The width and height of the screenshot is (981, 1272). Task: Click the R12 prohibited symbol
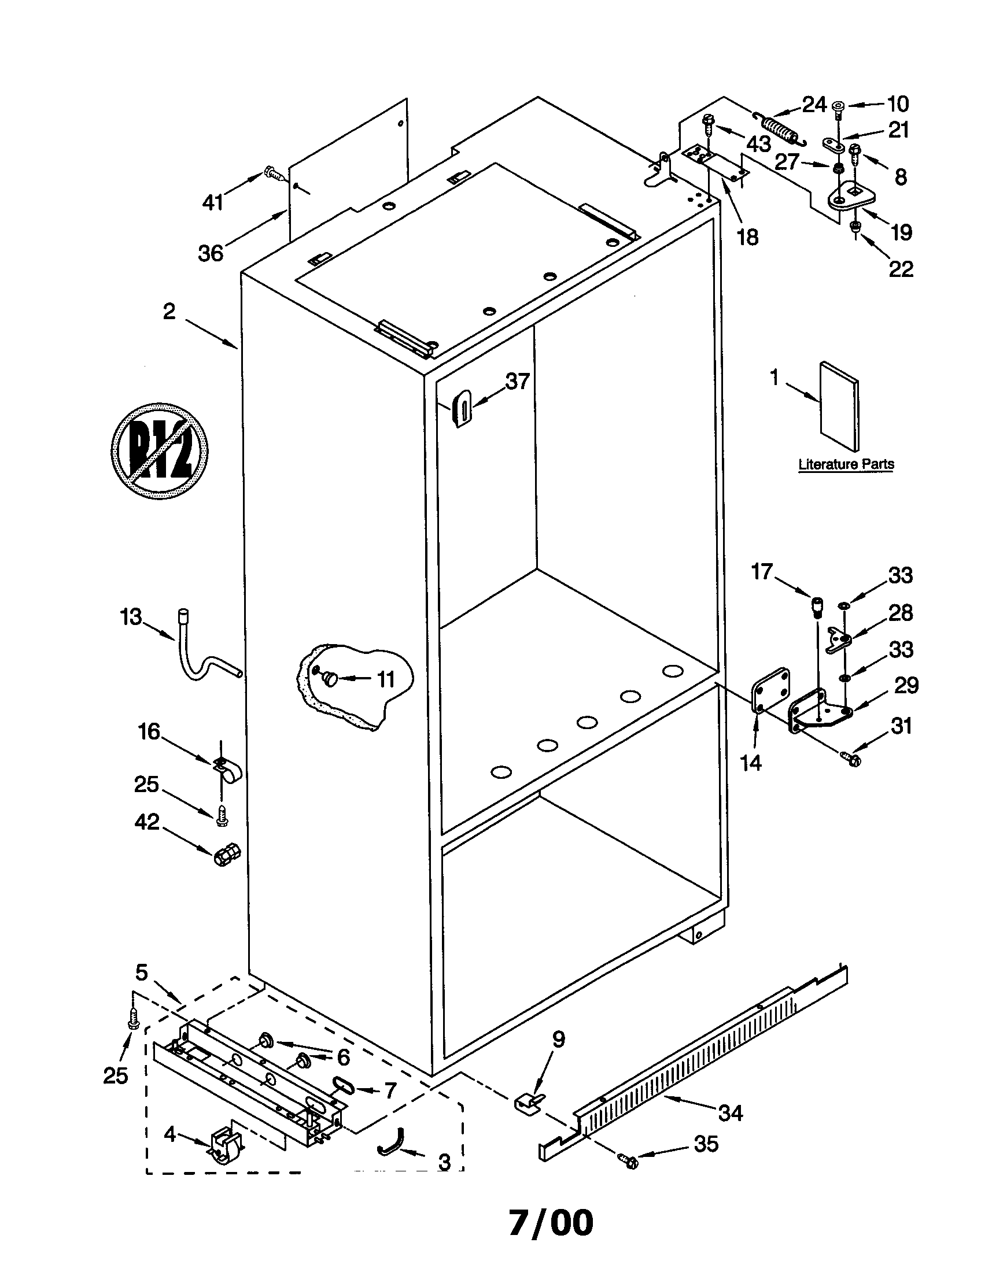[160, 450]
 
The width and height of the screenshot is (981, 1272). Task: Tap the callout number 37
[517, 382]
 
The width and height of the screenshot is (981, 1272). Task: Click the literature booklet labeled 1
[839, 406]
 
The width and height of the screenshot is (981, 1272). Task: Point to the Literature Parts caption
[846, 464]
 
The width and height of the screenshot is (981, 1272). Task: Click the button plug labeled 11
[330, 678]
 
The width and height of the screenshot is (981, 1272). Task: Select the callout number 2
[169, 312]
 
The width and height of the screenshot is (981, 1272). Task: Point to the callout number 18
[748, 237]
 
